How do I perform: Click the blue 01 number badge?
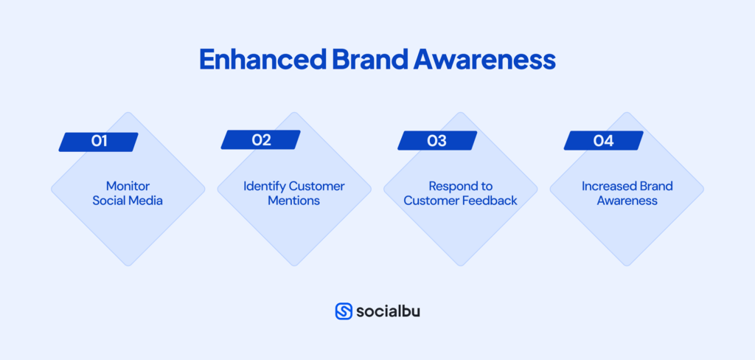[99, 141]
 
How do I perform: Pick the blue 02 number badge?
[261, 139]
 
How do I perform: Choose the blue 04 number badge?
[603, 141]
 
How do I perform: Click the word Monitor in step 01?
[128, 186]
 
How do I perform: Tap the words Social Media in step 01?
[128, 201]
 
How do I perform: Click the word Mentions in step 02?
[293, 201]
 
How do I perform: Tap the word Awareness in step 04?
[627, 201]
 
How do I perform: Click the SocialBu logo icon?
[344, 311]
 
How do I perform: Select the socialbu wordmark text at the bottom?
[388, 311]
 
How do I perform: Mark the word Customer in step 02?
[316, 186]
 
